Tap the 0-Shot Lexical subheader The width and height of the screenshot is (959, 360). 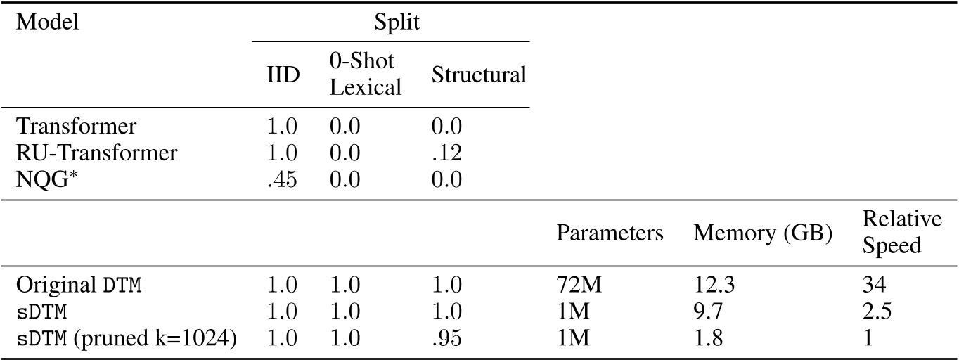[365, 74]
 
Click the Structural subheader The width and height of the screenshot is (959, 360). [479, 75]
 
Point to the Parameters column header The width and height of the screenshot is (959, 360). [610, 233]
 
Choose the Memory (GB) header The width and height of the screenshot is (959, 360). [763, 233]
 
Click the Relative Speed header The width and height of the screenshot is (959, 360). [902, 233]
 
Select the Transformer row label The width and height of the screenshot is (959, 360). [76, 127]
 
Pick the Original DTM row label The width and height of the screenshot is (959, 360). [79, 285]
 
